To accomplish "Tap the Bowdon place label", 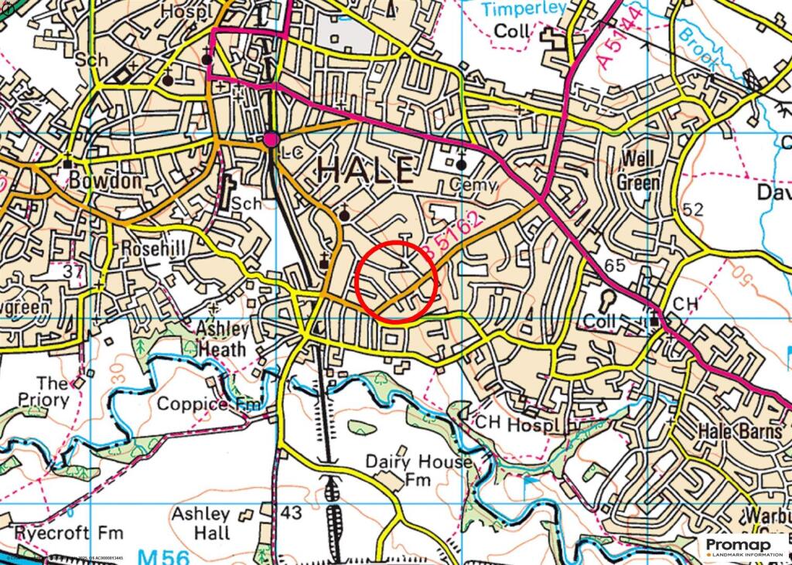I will click(x=105, y=181).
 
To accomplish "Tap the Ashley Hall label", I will click(x=201, y=523).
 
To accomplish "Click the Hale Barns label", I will click(x=741, y=431).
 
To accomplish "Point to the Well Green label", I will click(x=638, y=171).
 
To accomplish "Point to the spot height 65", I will click(x=615, y=265).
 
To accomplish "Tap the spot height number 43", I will click(x=291, y=512).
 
